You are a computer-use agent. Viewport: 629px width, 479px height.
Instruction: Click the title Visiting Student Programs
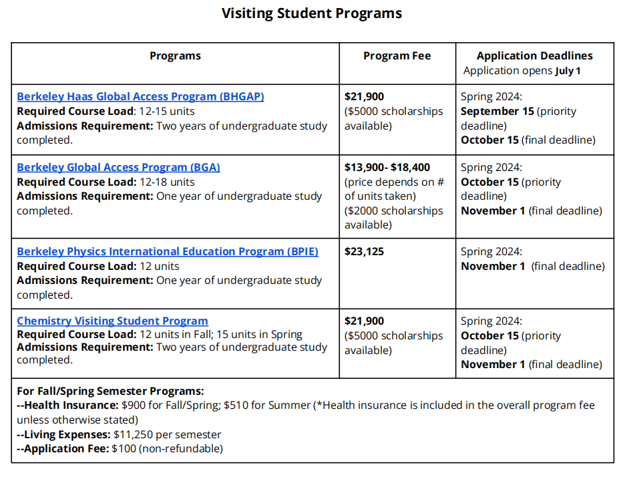click(312, 13)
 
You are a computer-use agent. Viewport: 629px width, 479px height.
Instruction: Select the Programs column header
click(175, 56)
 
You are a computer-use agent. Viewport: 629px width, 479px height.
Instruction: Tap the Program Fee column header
click(397, 56)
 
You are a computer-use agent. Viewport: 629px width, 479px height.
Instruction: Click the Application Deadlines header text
click(534, 56)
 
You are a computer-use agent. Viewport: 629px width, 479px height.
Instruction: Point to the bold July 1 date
click(568, 71)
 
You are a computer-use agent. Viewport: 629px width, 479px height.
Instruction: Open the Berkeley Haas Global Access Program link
click(140, 96)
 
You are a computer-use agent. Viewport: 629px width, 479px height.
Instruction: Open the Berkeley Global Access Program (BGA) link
click(118, 167)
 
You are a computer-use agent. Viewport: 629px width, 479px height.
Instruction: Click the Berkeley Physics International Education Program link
click(167, 251)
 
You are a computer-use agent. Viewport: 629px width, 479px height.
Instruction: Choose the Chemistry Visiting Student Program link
click(112, 321)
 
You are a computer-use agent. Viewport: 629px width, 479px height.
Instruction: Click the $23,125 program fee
click(364, 251)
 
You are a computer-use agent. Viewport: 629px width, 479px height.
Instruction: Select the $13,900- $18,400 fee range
click(387, 167)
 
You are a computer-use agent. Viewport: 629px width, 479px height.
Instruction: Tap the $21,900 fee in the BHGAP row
click(364, 96)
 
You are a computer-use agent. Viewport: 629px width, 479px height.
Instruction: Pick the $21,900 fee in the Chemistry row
click(364, 321)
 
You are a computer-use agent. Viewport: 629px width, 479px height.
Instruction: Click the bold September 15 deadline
click(497, 111)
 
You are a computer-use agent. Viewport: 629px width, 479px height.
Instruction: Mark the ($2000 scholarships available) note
click(393, 218)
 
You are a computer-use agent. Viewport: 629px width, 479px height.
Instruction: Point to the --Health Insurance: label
click(67, 405)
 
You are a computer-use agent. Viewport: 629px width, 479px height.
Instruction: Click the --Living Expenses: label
click(63, 434)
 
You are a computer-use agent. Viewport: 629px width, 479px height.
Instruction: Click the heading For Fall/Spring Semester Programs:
click(110, 391)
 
